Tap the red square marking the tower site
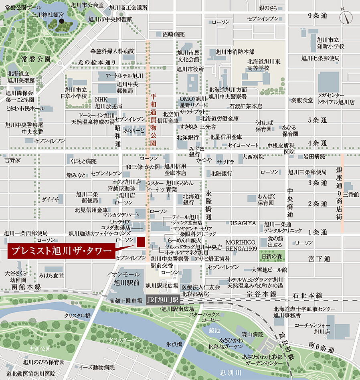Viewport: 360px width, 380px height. [140, 243]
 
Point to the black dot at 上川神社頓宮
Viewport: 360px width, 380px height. [61, 21]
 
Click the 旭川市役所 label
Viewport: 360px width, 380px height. [190, 69]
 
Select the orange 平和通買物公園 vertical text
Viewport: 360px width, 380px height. [153, 120]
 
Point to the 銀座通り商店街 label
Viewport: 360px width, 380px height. [340, 193]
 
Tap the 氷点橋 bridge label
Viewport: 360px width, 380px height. [174, 344]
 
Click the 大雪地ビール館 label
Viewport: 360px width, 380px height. [263, 270]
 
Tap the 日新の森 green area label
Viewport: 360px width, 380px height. [272, 256]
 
